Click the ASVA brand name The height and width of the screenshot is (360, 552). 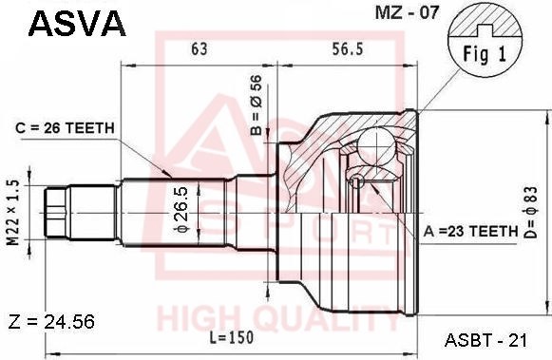tap(77, 23)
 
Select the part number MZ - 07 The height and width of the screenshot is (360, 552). tap(407, 12)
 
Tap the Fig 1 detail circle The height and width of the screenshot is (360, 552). tap(485, 40)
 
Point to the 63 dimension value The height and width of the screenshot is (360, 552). tap(200, 48)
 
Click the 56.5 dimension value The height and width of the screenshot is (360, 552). tap(347, 49)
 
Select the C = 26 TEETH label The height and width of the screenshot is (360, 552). tap(66, 128)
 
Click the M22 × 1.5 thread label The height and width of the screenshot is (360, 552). tap(13, 213)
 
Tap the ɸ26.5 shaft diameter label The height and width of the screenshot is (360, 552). tap(181, 210)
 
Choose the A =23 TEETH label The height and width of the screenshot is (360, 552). tap(471, 231)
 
